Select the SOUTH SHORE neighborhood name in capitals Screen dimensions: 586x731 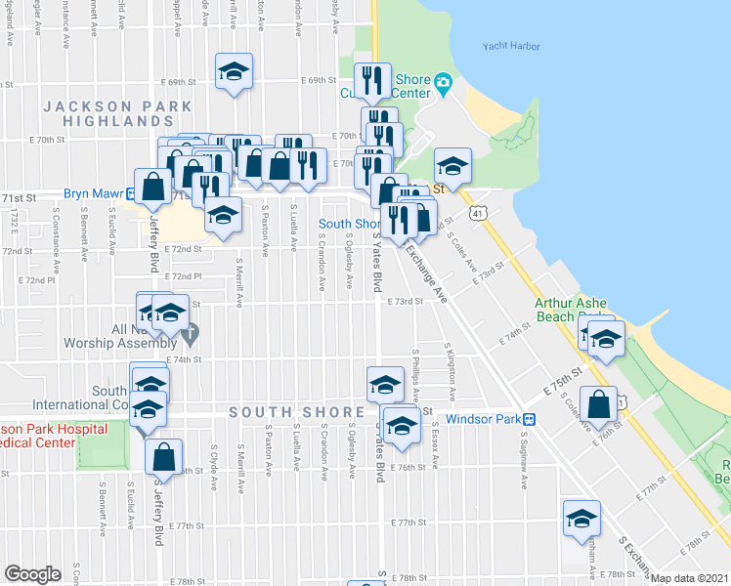[x=283, y=412]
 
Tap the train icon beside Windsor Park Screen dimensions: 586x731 [x=529, y=420]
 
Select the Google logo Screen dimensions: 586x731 [x=32, y=574]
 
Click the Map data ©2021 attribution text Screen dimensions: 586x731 [x=690, y=578]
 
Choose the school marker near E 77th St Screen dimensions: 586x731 [x=581, y=519]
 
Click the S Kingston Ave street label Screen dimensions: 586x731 [x=451, y=371]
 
